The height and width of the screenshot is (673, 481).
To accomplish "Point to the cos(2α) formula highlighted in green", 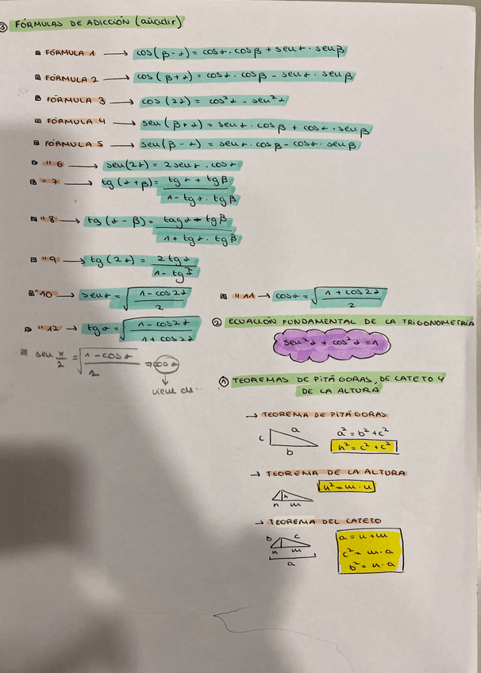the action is point(214,101).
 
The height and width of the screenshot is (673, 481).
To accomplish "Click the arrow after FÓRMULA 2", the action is point(116,78).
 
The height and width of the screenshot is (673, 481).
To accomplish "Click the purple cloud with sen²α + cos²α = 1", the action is point(326,343).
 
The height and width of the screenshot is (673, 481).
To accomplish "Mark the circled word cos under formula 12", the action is point(162,363).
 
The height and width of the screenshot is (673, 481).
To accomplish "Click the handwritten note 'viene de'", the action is point(171,390).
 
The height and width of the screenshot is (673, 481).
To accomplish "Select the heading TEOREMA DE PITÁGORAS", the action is point(315,415).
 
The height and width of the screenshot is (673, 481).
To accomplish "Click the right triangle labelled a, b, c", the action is point(289,436).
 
